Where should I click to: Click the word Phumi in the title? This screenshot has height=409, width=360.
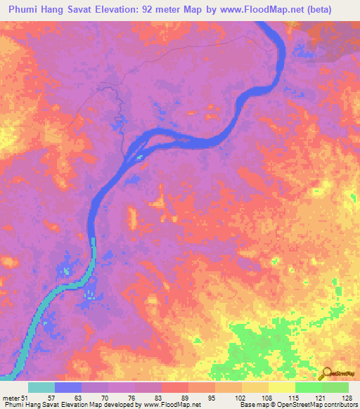coord(27,10)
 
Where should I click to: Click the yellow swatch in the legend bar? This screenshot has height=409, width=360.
coord(281,387)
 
